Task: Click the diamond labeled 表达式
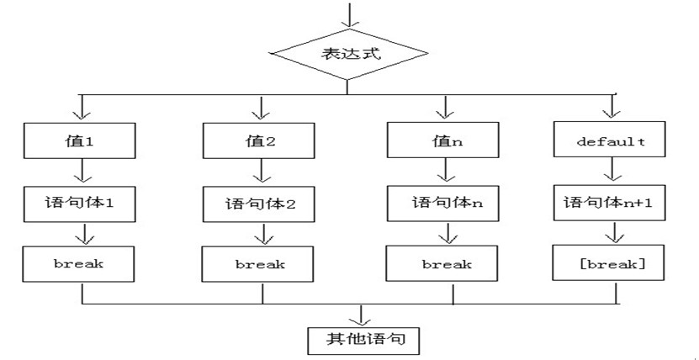click(x=350, y=54)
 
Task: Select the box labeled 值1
click(x=79, y=141)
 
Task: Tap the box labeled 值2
click(x=259, y=140)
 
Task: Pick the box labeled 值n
click(x=442, y=140)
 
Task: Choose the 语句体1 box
click(x=79, y=204)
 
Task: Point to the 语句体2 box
click(x=259, y=204)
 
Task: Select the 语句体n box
click(x=442, y=204)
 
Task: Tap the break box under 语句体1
click(x=78, y=264)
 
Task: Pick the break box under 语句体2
click(x=258, y=264)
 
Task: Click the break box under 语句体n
click(x=442, y=263)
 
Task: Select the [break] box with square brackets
click(x=608, y=262)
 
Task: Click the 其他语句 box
click(x=363, y=341)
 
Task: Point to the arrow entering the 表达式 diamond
click(x=349, y=15)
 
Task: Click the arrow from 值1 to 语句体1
click(x=82, y=171)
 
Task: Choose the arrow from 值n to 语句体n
click(x=446, y=170)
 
